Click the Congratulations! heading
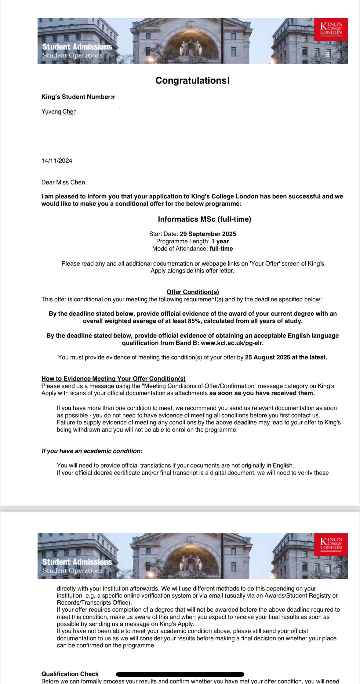[192, 81]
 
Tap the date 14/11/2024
[57, 161]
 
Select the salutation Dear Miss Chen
[64, 182]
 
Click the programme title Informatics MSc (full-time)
[204, 219]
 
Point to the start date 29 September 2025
[208, 234]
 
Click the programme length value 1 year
[220, 241]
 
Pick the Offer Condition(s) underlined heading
[193, 292]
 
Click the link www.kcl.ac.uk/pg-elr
[232, 343]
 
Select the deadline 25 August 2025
[268, 357]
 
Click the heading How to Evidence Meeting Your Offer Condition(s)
[113, 379]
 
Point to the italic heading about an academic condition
[92, 451]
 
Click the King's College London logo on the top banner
[331, 29]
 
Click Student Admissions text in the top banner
[77, 47]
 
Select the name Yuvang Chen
[59, 112]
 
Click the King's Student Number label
[78, 97]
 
